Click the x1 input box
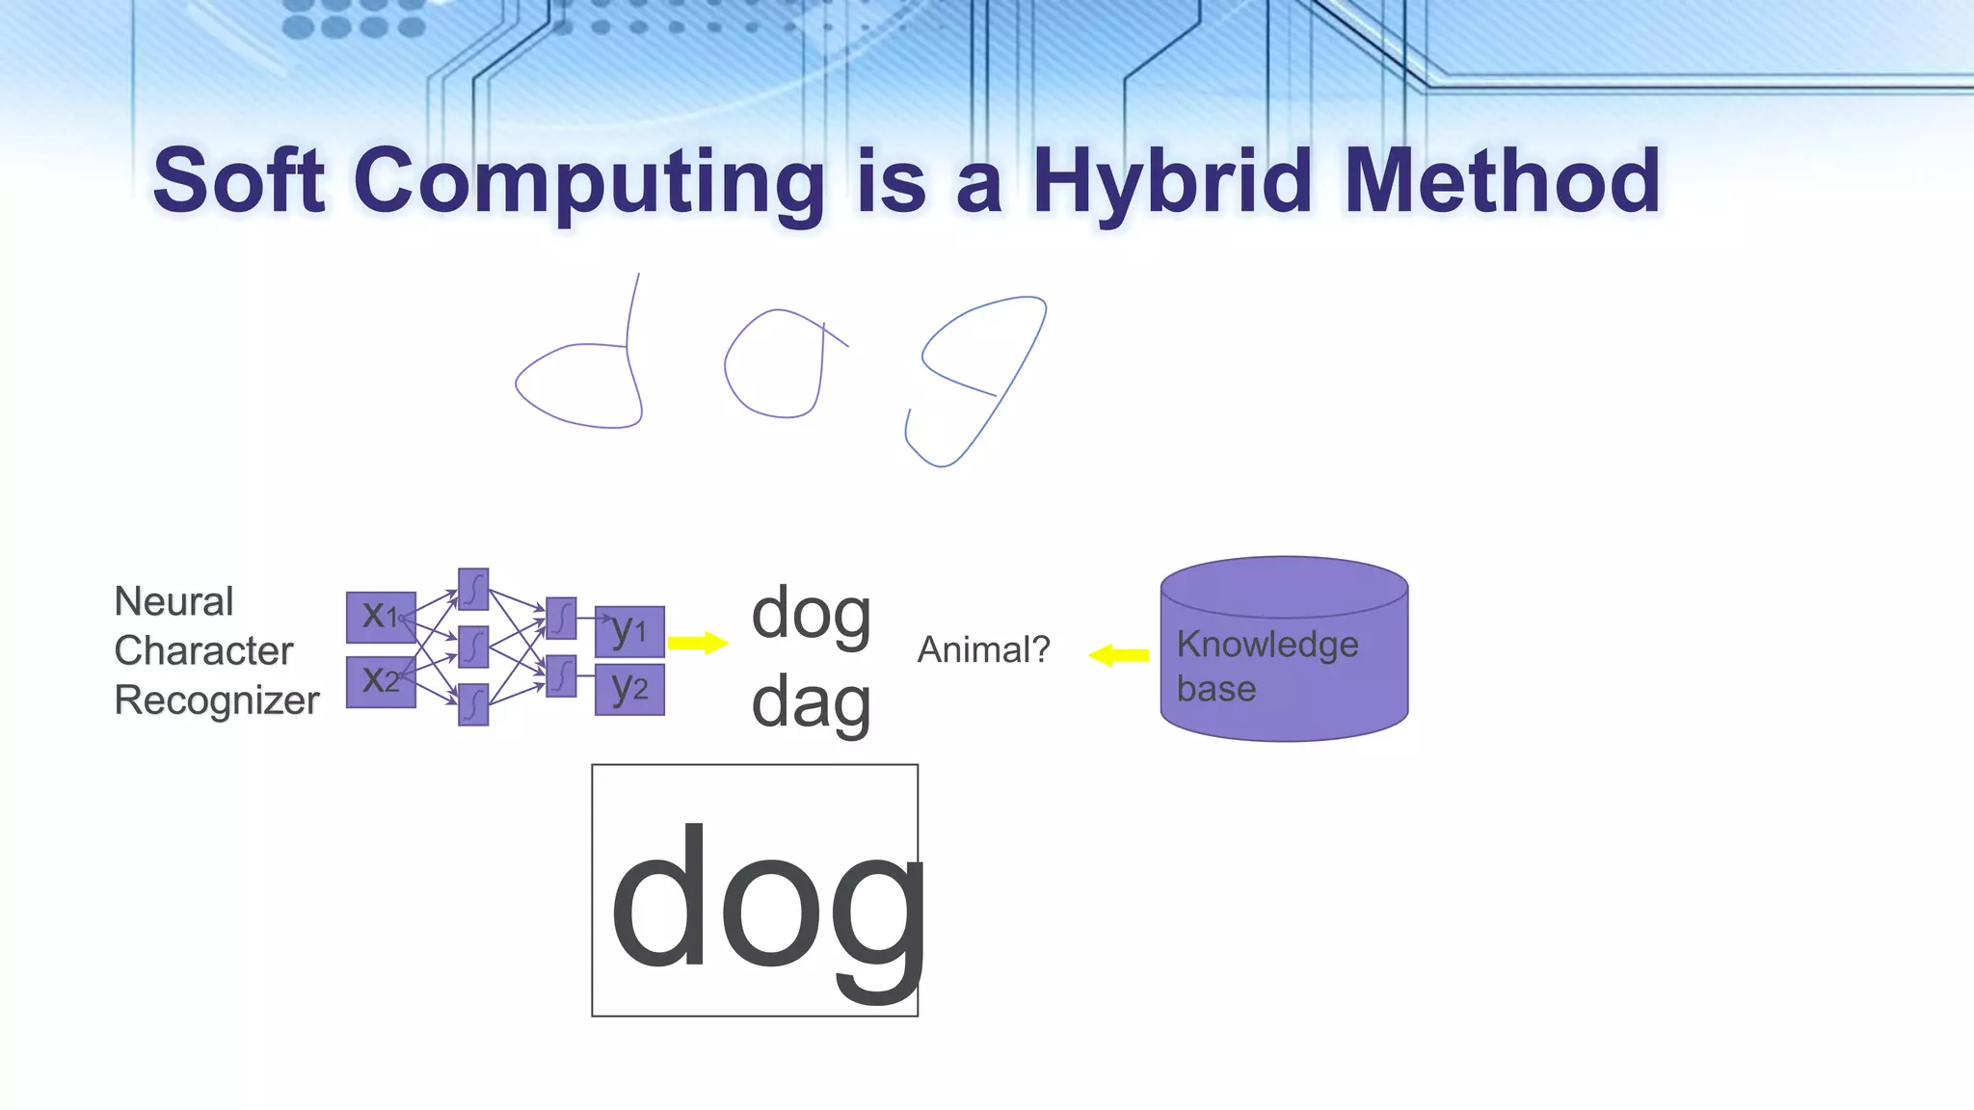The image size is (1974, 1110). click(x=381, y=617)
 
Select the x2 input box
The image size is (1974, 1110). click(x=381, y=681)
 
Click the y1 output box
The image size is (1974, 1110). click(x=629, y=631)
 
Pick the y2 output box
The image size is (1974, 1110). click(x=629, y=689)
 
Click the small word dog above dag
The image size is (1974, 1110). click(x=811, y=615)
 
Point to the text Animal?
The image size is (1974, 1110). click(x=983, y=650)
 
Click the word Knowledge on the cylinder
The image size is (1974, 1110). click(x=1267, y=644)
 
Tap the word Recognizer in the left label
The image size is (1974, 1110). click(x=216, y=700)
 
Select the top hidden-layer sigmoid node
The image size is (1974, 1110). click(x=473, y=589)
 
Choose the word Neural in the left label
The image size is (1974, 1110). click(x=173, y=602)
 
